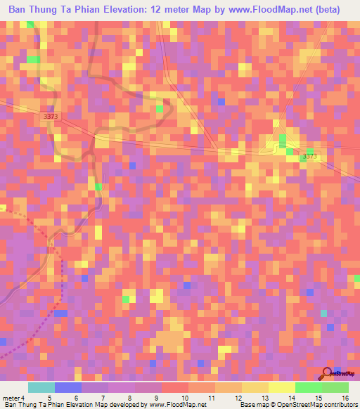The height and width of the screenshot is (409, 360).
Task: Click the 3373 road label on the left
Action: click(x=51, y=115)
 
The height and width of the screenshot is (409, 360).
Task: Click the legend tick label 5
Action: click(x=49, y=397)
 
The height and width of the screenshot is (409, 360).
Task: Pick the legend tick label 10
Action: click(x=184, y=397)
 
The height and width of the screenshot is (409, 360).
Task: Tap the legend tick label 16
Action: click(x=345, y=397)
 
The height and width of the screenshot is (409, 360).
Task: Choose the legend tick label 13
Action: click(x=264, y=397)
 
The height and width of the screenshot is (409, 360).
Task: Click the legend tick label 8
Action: click(x=129, y=397)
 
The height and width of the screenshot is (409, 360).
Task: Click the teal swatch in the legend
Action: click(x=41, y=387)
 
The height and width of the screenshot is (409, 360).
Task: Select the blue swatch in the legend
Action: click(x=68, y=387)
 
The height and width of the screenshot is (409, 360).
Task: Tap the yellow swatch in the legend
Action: click(x=282, y=387)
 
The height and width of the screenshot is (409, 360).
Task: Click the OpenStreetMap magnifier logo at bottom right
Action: click(x=328, y=374)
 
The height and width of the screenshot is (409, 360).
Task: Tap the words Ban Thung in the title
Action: click(x=38, y=10)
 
